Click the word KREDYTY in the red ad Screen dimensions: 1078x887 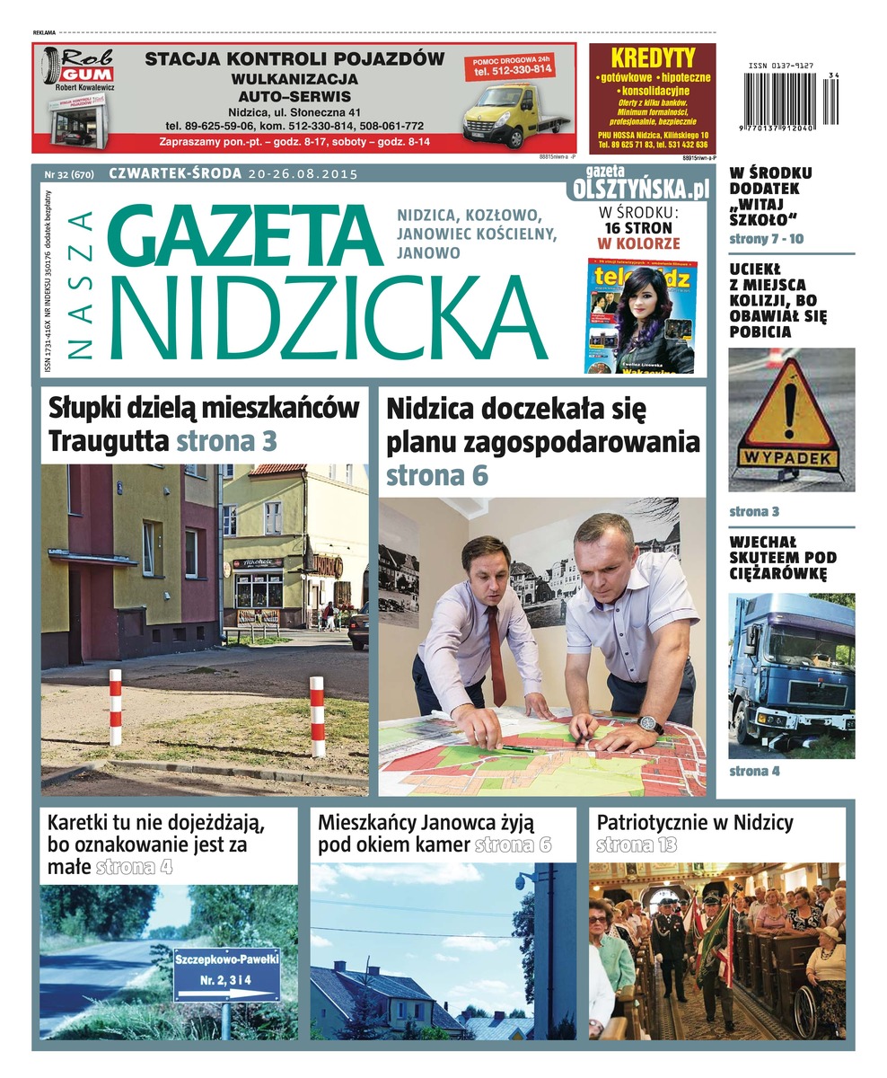pos(653,59)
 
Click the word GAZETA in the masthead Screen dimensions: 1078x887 pos(243,236)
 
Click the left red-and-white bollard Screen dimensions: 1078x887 pos(115,707)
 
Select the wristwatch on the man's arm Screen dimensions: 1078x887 pos(650,724)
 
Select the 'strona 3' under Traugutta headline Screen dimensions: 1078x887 pos(226,441)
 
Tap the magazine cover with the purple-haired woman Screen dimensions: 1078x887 pos(641,316)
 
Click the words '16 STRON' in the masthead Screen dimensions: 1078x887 pos(638,227)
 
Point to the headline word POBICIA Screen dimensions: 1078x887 pos(760,331)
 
